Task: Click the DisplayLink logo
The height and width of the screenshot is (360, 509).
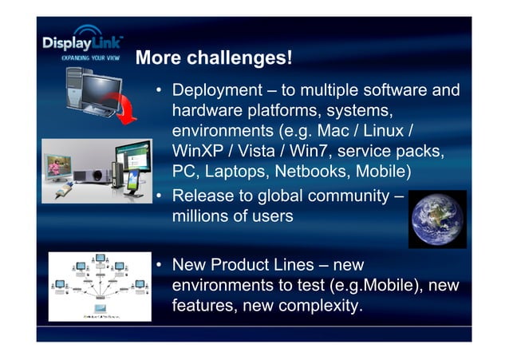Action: click(x=82, y=42)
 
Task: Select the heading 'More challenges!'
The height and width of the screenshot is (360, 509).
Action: click(x=214, y=58)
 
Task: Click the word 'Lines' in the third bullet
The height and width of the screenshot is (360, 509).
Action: click(x=297, y=264)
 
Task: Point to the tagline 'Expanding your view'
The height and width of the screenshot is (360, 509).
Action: click(x=90, y=58)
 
